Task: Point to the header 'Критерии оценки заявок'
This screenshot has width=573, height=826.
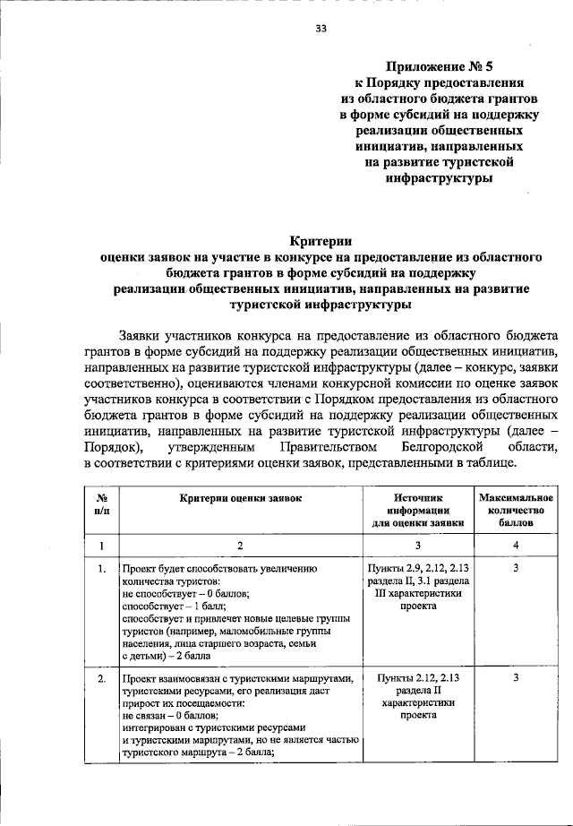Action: click(x=241, y=496)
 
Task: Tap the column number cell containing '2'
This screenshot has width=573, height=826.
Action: click(x=240, y=545)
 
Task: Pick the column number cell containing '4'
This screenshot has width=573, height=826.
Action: click(x=515, y=545)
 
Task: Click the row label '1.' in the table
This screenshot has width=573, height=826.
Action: click(x=103, y=568)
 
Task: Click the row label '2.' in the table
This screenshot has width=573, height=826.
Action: click(x=103, y=678)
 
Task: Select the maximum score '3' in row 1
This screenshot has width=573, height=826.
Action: click(x=516, y=568)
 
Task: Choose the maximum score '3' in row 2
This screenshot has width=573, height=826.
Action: click(x=516, y=678)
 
